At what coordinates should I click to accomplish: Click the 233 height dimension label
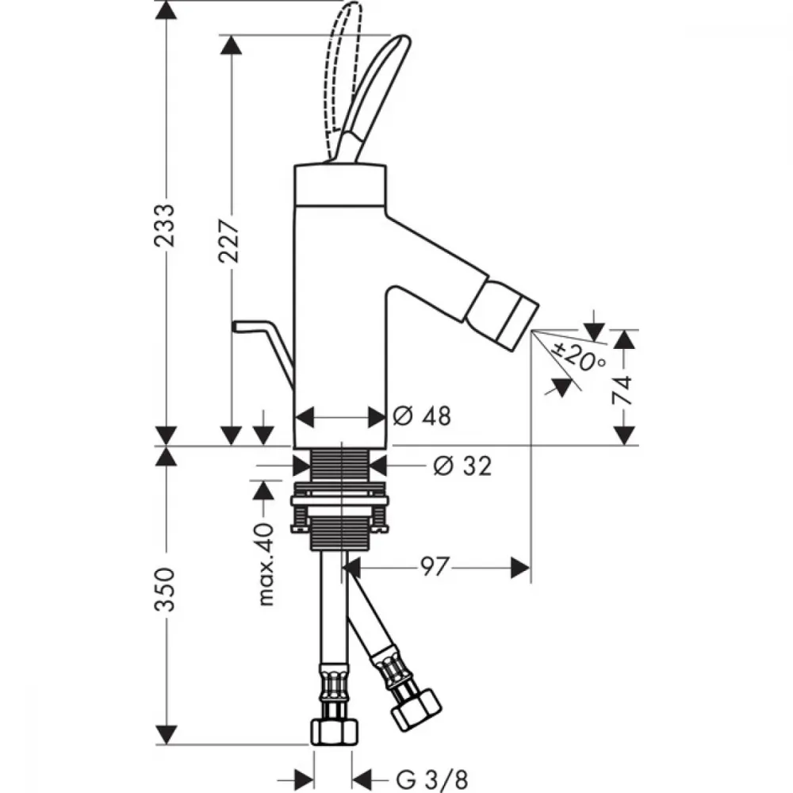pos(165,225)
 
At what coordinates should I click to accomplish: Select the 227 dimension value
pos(229,241)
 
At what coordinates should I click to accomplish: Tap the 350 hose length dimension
pos(165,589)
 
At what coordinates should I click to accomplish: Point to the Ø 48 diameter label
pos(422,416)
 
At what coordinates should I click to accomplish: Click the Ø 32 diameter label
pos(463,465)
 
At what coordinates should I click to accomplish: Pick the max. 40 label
pos(266,564)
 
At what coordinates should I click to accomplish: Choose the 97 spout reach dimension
pos(435,568)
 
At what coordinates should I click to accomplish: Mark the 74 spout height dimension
pos(623,390)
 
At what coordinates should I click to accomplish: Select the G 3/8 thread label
pos(432,780)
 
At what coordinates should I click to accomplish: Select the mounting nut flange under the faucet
pos(340,500)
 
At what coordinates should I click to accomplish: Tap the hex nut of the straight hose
pos(334,731)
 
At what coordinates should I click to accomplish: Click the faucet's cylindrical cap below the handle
pos(340,185)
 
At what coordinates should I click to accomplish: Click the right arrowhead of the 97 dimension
pos(520,568)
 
